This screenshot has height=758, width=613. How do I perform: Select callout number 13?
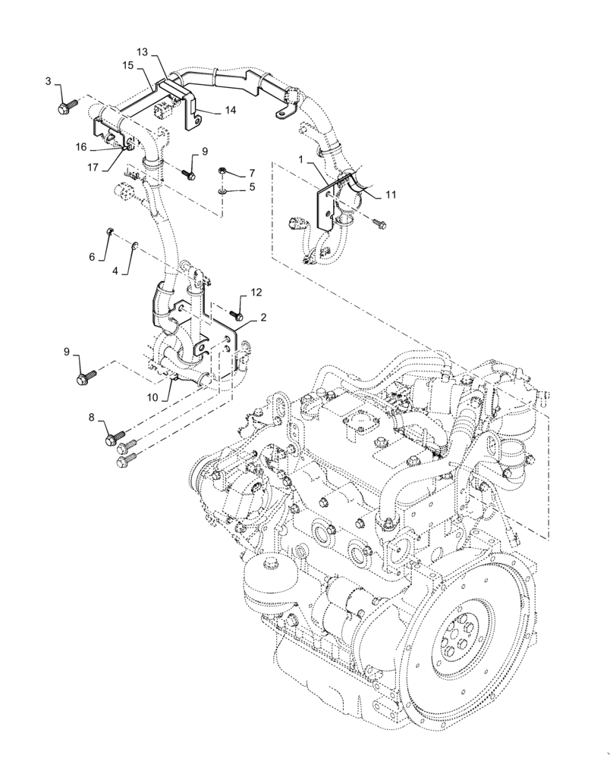(x=143, y=51)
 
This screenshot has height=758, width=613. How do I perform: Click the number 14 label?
(x=230, y=110)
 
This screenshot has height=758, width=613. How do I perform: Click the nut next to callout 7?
(x=223, y=171)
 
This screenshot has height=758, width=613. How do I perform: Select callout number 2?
(x=262, y=318)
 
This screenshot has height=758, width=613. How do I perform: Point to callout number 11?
(x=391, y=195)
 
